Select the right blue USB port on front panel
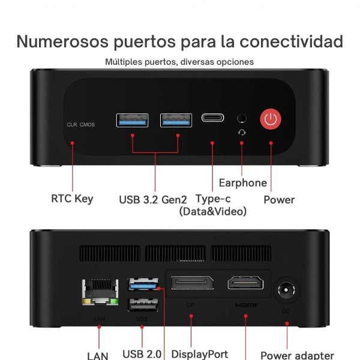(176, 120)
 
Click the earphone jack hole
(242, 118)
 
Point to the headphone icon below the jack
(242, 133)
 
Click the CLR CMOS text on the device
(80, 125)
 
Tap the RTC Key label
(72, 199)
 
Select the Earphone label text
(242, 183)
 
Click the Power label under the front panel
(279, 199)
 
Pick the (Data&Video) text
(213, 212)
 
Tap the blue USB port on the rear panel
(143, 283)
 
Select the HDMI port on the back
(245, 284)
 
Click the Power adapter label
(297, 355)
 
